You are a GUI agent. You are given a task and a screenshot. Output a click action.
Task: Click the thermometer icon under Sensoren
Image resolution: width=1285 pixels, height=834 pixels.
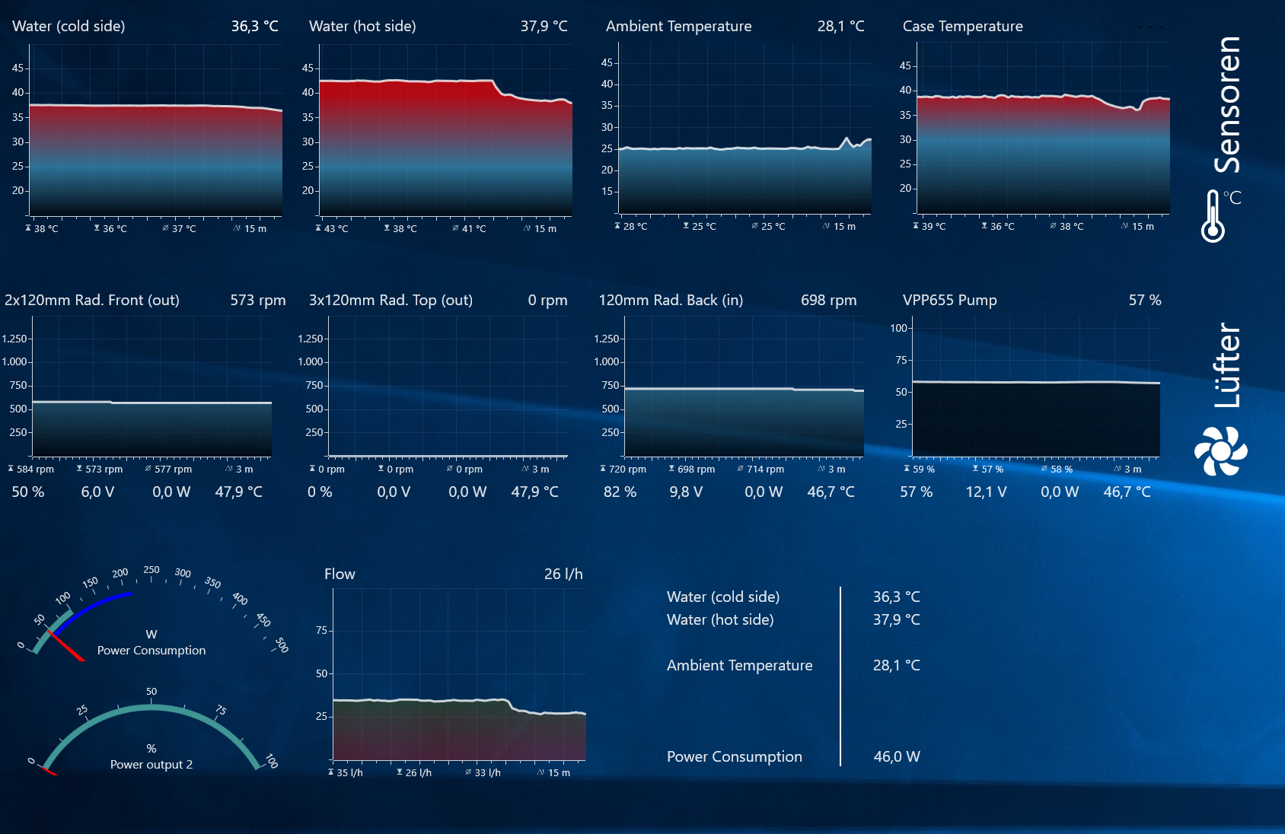pos(1213,217)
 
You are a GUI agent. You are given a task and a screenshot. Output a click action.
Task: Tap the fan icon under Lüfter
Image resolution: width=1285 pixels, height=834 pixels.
pos(1220,451)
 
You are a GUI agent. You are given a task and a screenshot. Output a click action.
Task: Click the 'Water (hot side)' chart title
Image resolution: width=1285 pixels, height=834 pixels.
pos(362,27)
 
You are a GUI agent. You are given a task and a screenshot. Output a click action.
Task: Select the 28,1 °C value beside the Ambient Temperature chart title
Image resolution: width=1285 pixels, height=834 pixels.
pos(840,27)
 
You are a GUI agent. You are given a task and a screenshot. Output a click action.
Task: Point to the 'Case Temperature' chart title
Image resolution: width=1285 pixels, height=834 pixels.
pos(962,27)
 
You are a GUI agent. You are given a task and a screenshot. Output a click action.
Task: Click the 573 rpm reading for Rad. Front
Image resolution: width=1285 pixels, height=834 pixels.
pos(257,301)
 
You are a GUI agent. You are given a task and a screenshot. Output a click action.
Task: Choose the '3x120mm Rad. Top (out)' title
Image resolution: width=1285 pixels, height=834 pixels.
pos(391,301)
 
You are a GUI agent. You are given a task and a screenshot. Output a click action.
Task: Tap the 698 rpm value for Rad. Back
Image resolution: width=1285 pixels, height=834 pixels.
pos(828,301)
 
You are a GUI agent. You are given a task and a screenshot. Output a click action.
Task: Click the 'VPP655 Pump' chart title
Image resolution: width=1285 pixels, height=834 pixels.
pos(949,301)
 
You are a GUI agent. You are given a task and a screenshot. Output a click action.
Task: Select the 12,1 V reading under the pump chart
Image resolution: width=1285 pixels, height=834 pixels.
pos(986,492)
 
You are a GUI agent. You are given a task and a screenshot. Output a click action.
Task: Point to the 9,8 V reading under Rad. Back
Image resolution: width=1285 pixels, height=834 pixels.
pos(685,492)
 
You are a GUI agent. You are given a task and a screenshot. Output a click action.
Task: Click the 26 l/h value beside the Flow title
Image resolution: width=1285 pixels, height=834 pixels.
pos(563,575)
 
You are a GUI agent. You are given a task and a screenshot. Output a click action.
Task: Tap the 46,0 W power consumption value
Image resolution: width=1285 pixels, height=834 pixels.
pos(897,757)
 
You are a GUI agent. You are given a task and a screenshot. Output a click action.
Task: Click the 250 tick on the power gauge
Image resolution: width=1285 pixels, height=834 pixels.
pos(151,570)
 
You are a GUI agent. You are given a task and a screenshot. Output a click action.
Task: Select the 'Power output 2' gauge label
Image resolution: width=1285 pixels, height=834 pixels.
pos(151,765)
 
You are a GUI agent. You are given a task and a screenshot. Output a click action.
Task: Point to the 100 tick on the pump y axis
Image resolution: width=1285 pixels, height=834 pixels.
pos(898,328)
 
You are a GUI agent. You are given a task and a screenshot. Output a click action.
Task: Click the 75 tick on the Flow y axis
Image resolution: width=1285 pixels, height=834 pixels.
pos(321,630)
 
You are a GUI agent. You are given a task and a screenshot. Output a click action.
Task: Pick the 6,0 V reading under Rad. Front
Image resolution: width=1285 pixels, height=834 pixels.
pos(97,492)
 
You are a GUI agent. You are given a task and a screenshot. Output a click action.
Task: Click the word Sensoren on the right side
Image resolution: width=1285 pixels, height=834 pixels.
pos(1227,105)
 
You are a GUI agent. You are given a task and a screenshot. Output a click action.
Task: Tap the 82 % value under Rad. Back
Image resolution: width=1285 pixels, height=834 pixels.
pos(620,492)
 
